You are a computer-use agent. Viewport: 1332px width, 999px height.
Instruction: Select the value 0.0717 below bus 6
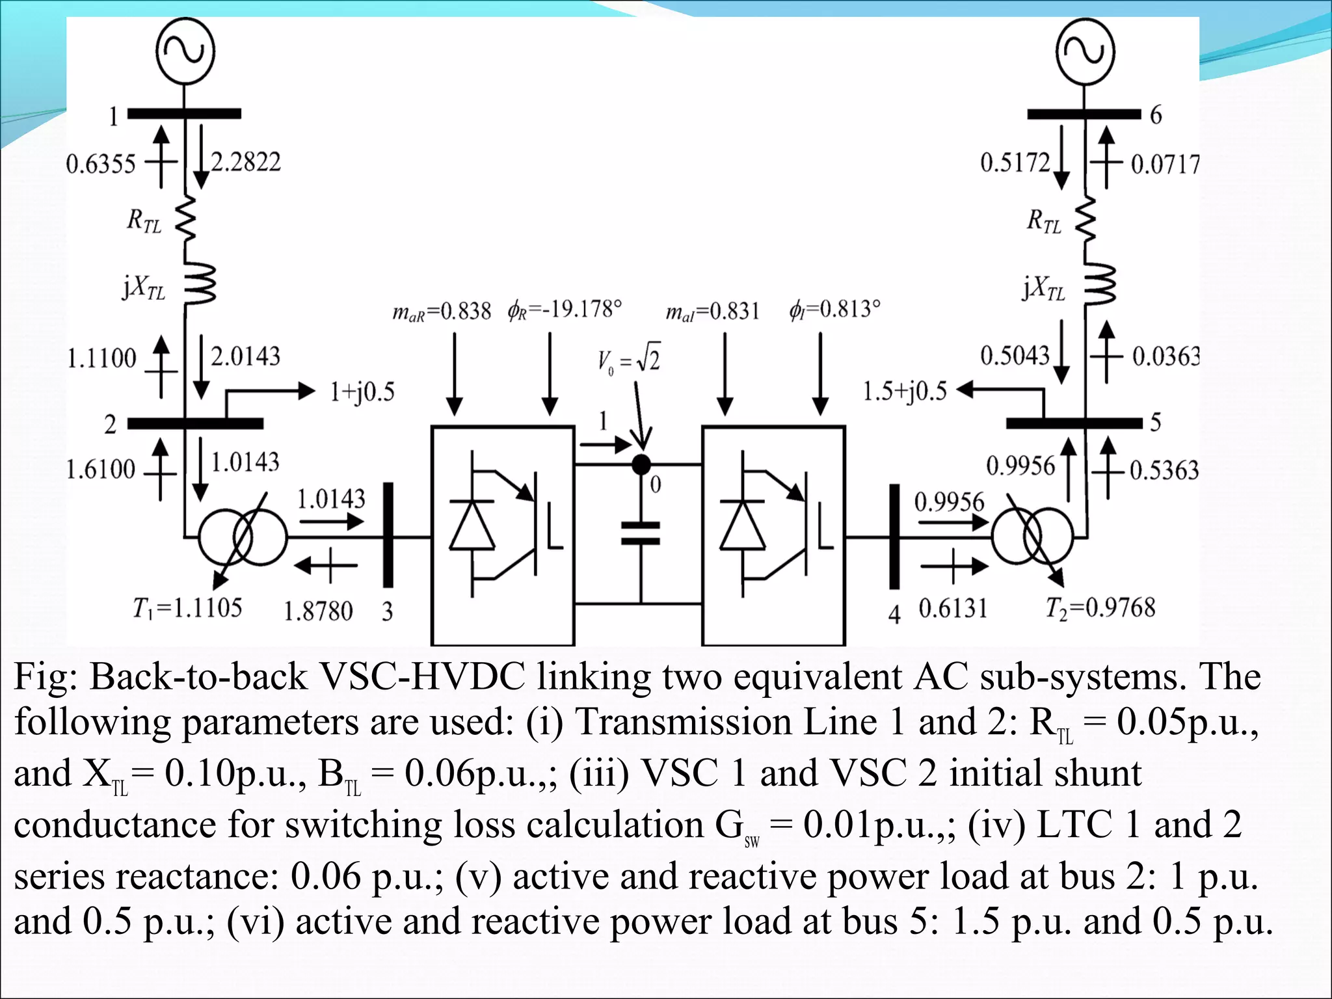point(1165,164)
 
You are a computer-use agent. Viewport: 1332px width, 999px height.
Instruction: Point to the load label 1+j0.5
point(362,392)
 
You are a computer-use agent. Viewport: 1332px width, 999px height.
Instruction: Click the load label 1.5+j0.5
point(905,392)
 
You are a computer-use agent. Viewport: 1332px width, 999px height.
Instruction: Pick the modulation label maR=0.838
point(442,312)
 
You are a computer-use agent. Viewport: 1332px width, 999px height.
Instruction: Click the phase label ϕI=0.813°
point(835,309)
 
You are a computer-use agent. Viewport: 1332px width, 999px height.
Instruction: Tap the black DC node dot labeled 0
point(641,464)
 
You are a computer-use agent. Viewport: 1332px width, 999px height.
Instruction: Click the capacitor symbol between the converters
point(641,533)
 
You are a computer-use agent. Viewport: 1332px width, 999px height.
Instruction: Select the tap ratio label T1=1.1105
point(187,608)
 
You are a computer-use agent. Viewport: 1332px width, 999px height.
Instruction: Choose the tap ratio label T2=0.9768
point(1100,608)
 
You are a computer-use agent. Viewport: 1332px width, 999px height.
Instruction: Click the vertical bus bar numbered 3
point(388,535)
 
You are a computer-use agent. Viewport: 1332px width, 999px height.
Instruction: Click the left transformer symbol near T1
point(242,537)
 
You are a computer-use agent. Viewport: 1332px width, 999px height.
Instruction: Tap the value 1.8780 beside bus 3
point(318,611)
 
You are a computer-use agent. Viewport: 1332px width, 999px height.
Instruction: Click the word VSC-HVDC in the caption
point(422,677)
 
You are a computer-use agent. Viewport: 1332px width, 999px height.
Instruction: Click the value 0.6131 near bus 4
point(953,609)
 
